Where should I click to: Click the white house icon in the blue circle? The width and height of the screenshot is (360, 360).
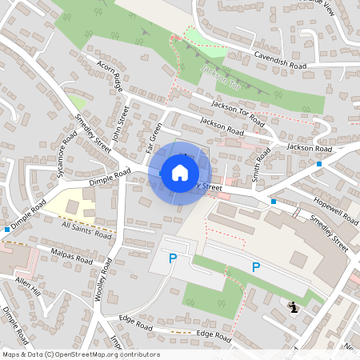coord(180,172)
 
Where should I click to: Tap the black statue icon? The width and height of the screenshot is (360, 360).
coord(294,306)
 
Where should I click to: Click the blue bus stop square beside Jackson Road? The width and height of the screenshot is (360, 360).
coord(318,163)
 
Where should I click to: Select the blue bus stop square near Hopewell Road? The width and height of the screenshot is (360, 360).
coord(274,202)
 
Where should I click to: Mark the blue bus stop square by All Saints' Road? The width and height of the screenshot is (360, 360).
coord(7,230)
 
